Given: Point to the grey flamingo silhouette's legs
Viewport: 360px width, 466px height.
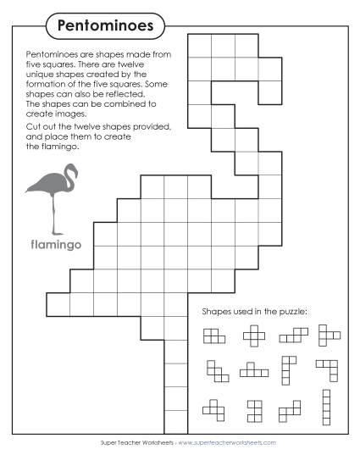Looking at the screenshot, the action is point(56,216).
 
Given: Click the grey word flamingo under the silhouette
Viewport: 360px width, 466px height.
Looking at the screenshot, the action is point(54,245).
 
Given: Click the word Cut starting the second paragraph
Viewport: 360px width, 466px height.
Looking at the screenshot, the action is point(23,126).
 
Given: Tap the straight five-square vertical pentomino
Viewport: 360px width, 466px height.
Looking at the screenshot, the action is point(325,407).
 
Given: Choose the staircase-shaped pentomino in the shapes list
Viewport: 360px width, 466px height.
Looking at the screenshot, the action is point(217,371).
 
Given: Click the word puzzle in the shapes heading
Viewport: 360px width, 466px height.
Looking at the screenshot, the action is point(290,311).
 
